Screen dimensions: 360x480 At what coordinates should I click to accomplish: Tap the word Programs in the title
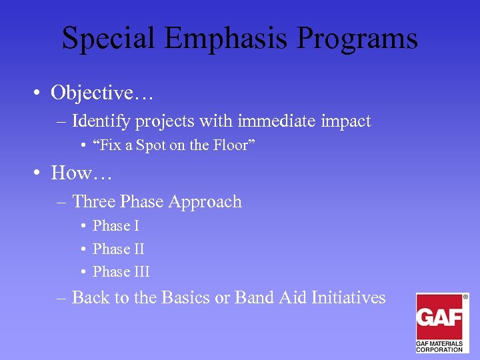coord(357,38)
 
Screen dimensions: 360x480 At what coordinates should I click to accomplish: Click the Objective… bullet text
coord(102,93)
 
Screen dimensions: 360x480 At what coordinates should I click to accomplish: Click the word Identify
coord(102,121)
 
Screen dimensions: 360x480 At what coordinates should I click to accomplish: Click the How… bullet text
coord(82,173)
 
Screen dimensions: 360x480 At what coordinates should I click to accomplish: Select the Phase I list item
coord(115,226)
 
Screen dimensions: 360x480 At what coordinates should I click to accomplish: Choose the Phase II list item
coord(118,249)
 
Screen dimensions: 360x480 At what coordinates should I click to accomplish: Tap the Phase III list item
coord(121,271)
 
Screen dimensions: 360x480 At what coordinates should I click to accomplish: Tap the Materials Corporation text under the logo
coord(439,345)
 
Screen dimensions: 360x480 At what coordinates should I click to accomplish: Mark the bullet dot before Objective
coord(40,93)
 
